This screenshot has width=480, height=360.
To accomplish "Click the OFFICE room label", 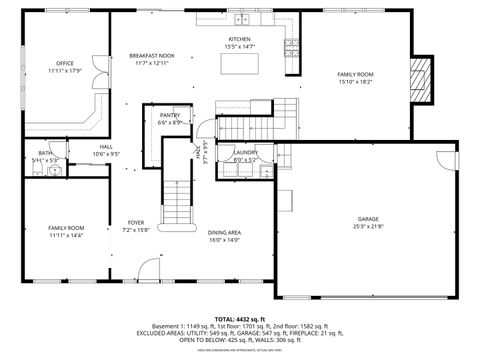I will [66, 63].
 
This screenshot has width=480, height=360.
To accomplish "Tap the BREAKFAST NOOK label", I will [152, 55].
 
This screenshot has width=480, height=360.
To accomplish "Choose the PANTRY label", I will [170, 116].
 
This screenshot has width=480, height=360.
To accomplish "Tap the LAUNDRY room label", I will [245, 152].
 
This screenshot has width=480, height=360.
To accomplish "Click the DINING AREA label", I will [224, 233].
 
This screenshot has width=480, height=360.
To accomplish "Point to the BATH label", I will [45, 152].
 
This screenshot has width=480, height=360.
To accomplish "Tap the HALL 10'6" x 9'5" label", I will [106, 150].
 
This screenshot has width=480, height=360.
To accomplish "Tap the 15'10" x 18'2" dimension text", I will [355, 82].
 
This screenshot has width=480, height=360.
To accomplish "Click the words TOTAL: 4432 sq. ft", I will [240, 318].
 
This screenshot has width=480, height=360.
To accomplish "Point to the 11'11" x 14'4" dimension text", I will [66, 235].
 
